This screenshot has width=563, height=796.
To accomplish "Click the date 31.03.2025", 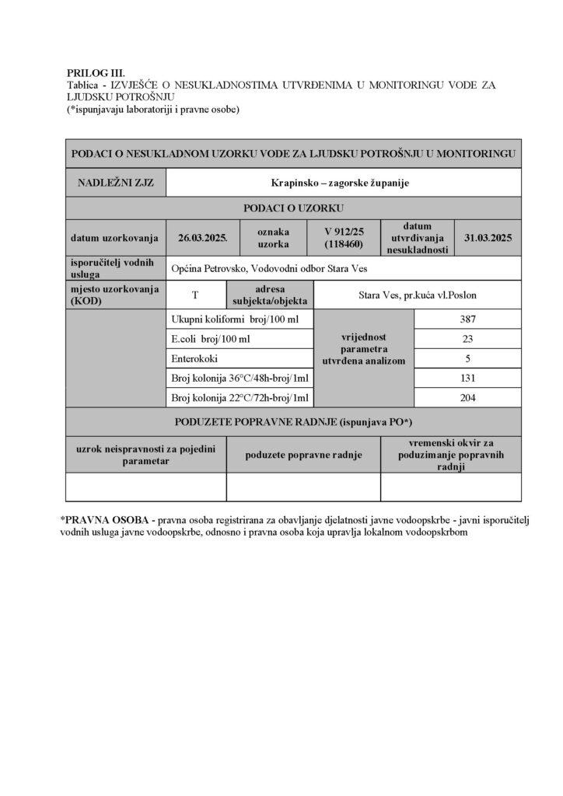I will click(488, 237).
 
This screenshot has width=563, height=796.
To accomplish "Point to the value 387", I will click(467, 319).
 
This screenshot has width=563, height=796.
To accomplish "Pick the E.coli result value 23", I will click(467, 340).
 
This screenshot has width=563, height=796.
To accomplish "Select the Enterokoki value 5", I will click(467, 359).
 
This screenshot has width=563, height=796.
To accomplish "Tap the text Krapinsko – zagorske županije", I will click(342, 184).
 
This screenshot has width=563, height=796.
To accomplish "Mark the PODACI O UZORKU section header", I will click(293, 208).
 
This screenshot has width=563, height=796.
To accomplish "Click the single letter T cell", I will click(194, 295).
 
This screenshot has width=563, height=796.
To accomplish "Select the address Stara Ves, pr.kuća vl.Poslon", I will click(413, 295).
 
